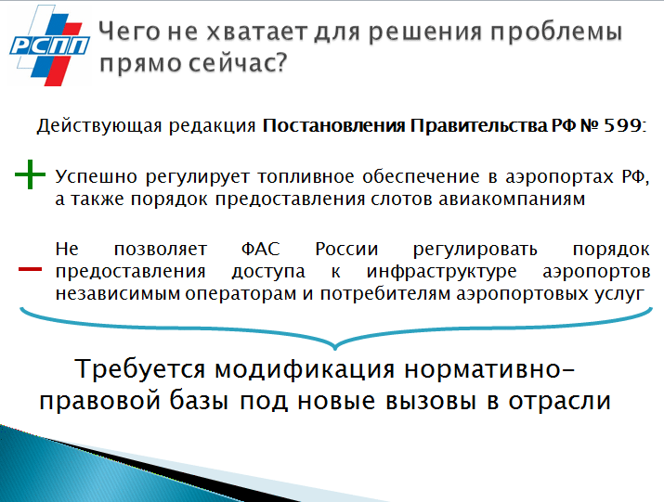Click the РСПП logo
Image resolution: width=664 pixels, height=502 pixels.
(50, 45)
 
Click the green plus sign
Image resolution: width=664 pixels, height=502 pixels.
(30, 174)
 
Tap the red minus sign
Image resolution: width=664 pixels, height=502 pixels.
(30, 269)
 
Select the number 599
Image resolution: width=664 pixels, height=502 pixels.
(621, 125)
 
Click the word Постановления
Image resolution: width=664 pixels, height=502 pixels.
(333, 125)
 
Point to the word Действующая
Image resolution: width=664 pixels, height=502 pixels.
(99, 126)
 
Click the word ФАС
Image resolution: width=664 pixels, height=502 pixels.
(260, 249)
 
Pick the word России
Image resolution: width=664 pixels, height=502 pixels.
(346, 249)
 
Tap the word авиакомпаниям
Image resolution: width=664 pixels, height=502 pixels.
(512, 199)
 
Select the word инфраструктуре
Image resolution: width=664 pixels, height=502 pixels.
(441, 272)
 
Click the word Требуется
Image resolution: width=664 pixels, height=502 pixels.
(139, 369)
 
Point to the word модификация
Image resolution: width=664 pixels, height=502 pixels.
(305, 369)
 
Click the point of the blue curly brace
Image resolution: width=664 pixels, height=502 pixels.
(335, 348)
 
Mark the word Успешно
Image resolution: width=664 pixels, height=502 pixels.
(96, 176)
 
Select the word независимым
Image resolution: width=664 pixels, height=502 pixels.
(118, 294)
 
